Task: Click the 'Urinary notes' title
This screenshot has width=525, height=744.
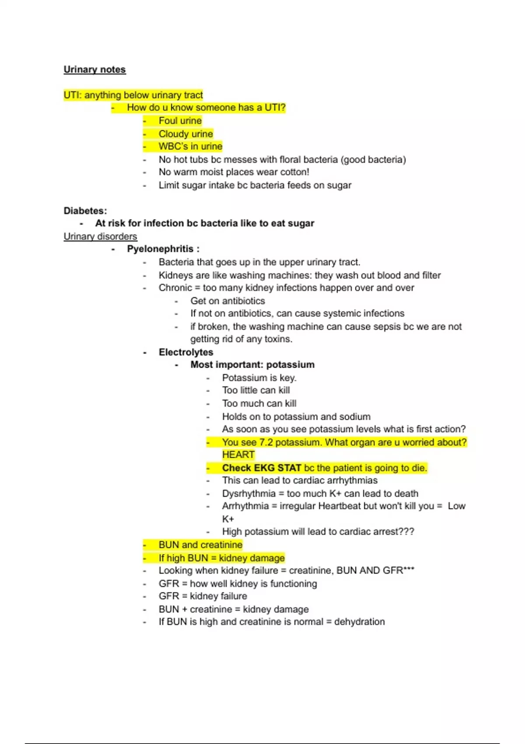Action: click(x=94, y=70)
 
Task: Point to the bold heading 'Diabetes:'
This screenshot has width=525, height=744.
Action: click(x=85, y=211)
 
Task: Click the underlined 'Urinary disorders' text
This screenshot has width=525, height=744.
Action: click(x=100, y=236)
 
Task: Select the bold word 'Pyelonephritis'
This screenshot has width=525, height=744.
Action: click(x=160, y=249)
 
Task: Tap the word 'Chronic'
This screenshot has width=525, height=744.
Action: click(x=175, y=288)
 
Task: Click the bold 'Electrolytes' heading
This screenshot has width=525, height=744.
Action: click(x=186, y=352)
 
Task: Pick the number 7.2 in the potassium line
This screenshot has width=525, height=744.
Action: click(x=266, y=442)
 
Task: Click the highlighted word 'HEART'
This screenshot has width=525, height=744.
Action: click(x=238, y=455)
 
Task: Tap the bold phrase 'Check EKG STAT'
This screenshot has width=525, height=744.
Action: click(x=261, y=468)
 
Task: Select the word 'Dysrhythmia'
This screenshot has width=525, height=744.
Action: click(x=248, y=494)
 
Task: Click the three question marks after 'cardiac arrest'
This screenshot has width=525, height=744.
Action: click(x=406, y=532)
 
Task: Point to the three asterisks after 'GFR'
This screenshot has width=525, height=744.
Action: click(x=409, y=569)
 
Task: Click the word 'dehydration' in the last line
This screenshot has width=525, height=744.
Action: click(x=359, y=622)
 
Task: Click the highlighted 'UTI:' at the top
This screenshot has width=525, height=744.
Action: click(x=73, y=95)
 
